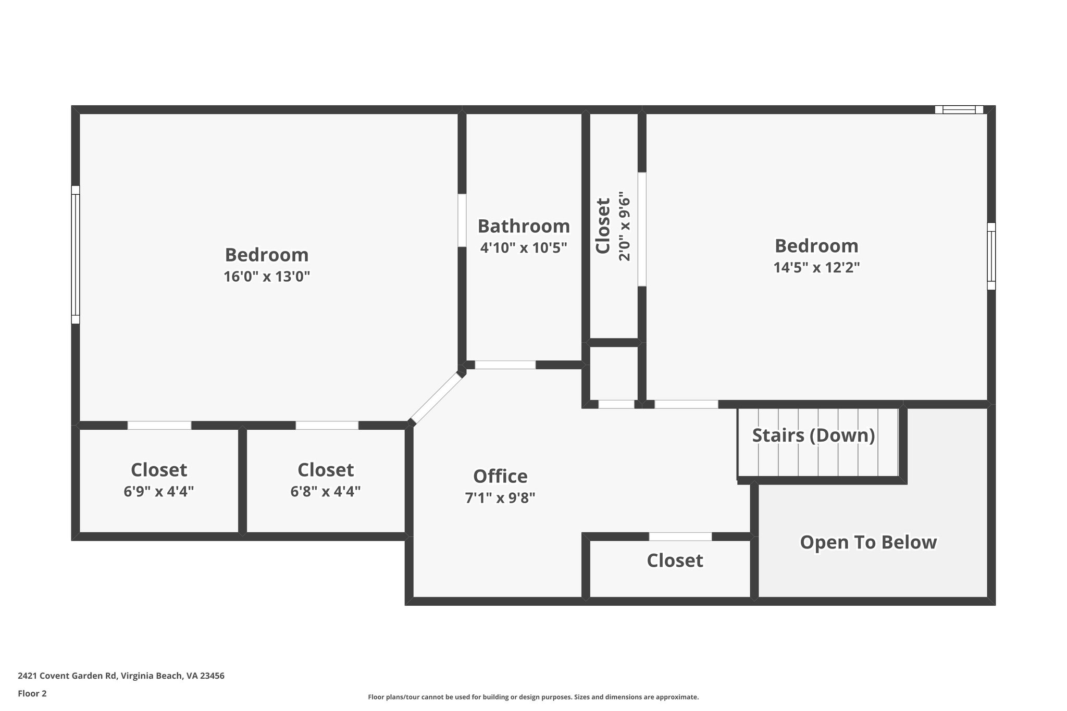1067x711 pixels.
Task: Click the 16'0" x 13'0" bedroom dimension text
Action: [267, 277]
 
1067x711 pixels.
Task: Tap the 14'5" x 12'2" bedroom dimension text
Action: [816, 268]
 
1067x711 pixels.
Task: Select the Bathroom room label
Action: [524, 226]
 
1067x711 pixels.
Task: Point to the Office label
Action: [500, 476]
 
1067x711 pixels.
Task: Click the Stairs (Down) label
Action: [813, 435]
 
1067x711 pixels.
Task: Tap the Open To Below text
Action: [868, 542]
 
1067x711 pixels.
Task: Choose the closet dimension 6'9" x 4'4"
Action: [159, 491]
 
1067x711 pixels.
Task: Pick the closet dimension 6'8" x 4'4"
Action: [326, 491]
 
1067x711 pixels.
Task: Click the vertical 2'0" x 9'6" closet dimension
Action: [624, 226]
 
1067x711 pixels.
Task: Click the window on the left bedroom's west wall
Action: [76, 255]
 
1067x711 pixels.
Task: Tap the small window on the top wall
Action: [959, 109]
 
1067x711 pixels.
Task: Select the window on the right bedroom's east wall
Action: [991, 256]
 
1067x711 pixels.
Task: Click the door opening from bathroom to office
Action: [505, 365]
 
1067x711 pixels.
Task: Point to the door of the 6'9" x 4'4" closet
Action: [159, 426]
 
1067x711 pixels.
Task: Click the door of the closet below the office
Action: [680, 537]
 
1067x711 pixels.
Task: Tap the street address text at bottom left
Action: [121, 676]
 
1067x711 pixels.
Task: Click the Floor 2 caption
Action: [32, 693]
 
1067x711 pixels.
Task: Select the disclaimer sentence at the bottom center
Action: [533, 697]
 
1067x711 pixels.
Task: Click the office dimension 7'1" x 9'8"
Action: [500, 498]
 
